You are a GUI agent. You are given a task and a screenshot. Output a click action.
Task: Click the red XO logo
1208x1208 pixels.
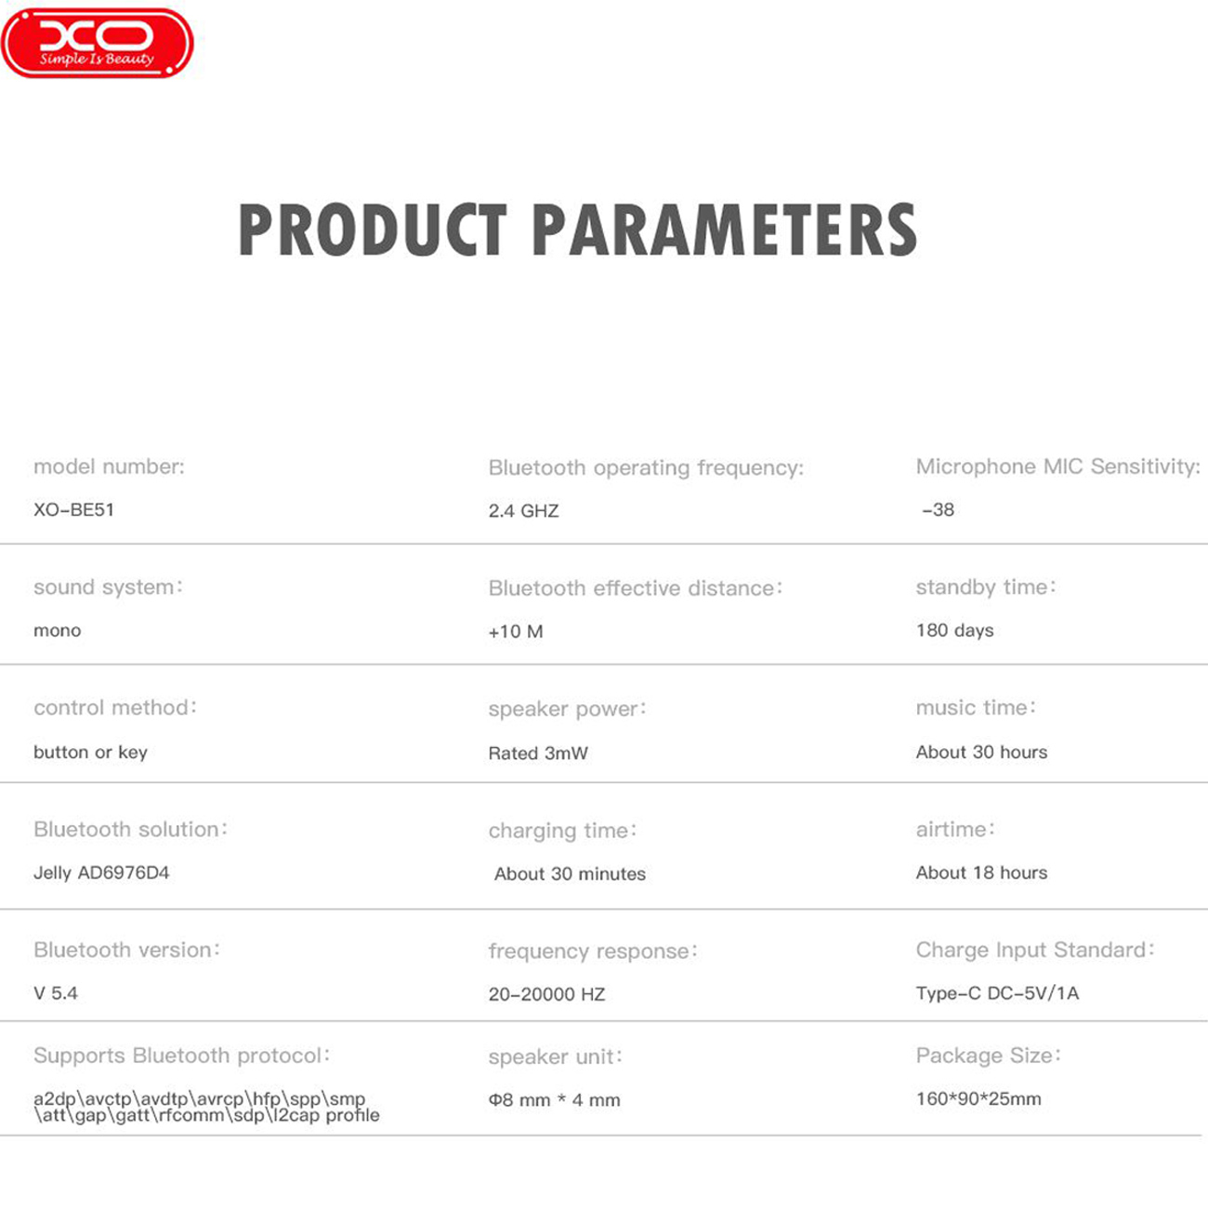pos(98,43)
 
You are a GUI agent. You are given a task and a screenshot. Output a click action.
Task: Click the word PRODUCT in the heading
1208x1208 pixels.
pos(373,230)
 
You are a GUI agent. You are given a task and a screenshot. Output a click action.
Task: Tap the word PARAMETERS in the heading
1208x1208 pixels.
pos(726,230)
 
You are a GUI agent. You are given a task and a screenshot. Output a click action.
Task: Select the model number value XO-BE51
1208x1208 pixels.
pos(74,509)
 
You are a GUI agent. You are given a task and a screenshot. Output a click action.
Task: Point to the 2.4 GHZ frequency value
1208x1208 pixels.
pos(523,511)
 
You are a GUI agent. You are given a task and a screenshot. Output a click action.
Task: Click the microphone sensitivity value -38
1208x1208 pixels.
pos(938,509)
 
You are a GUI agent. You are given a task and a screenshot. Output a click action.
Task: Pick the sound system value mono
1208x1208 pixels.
pos(57,631)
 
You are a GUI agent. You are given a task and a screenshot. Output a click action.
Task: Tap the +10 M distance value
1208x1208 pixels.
pos(516,631)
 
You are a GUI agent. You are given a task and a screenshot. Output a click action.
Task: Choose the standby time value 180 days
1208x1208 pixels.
pos(954,631)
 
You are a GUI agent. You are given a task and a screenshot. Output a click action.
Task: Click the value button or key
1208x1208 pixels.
pos(90,753)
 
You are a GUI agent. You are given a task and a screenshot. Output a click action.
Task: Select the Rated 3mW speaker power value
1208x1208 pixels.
pos(538,753)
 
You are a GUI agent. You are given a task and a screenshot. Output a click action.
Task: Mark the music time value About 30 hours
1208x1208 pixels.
pos(981,752)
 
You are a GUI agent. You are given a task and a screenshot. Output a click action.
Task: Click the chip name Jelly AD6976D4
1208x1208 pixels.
pos(101,873)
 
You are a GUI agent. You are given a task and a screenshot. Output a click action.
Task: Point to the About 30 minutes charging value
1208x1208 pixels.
pos(570,873)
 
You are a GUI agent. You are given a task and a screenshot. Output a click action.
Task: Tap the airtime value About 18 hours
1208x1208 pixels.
pos(981,873)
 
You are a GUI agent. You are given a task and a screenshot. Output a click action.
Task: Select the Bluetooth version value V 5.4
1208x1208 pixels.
pos(56,993)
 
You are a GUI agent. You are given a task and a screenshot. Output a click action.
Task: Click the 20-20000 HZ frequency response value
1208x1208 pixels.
pos(546,994)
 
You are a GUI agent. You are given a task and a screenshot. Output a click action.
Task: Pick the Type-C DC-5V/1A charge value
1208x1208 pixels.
pos(997,993)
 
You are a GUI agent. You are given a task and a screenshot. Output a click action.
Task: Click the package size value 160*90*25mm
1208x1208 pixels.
pos(978,1099)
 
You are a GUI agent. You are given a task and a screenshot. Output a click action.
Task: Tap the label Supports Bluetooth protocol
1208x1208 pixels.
pos(182,1057)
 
